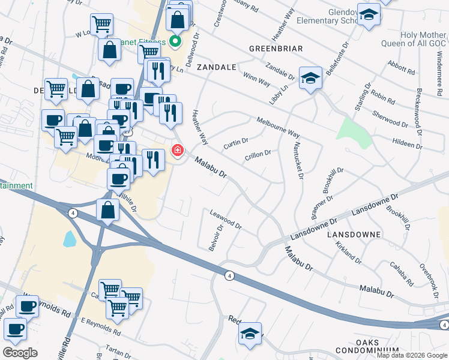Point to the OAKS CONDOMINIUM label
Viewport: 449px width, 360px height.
pos(376,346)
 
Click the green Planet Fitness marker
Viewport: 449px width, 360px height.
pos(175,41)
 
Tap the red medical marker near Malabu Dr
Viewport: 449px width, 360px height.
pos(178,150)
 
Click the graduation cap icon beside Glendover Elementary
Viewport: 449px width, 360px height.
pos(368,14)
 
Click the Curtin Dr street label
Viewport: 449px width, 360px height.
pos(236,143)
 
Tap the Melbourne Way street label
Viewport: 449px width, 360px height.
pos(278,127)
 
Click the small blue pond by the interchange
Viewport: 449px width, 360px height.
pos(69,239)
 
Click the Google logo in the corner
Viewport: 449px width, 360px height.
pos(20,353)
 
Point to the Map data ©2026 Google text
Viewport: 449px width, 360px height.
pos(411,355)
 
